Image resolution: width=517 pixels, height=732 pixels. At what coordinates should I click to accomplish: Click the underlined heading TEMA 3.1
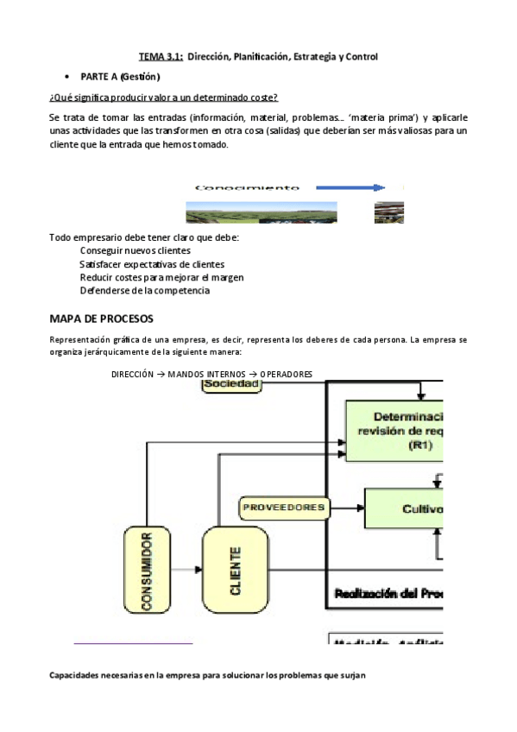click(x=161, y=56)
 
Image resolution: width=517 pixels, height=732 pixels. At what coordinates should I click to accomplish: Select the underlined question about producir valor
click(x=163, y=97)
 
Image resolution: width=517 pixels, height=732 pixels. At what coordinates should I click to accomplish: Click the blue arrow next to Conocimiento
click(x=349, y=187)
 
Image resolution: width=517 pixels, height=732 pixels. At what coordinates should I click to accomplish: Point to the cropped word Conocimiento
click(x=247, y=187)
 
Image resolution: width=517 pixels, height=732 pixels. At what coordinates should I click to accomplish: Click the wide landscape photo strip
click(x=261, y=212)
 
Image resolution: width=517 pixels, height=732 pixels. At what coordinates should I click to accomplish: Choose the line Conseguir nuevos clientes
click(x=136, y=250)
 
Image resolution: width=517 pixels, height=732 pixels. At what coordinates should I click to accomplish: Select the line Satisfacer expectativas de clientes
click(x=152, y=263)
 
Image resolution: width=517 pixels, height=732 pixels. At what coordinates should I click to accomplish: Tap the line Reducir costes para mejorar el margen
click(x=161, y=277)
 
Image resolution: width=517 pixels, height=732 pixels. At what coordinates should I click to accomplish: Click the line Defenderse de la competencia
click(x=144, y=290)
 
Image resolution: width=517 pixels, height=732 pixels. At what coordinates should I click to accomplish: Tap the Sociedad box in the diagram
click(x=231, y=384)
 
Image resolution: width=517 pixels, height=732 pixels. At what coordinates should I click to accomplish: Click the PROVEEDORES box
click(x=284, y=507)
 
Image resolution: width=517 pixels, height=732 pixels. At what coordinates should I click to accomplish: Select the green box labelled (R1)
click(x=394, y=426)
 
